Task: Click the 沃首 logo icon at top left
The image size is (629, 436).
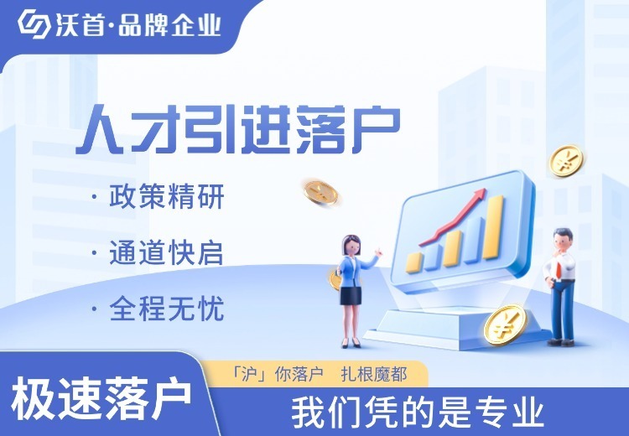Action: (x=33, y=24)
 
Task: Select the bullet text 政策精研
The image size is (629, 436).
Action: (x=167, y=198)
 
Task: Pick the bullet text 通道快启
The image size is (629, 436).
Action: (x=167, y=253)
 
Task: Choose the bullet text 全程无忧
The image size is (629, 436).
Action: (x=167, y=309)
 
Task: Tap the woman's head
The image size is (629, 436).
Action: (x=350, y=245)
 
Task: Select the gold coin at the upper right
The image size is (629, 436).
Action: (x=565, y=159)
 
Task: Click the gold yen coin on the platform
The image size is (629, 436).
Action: (x=504, y=324)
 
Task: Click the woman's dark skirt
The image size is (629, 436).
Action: (x=351, y=296)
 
